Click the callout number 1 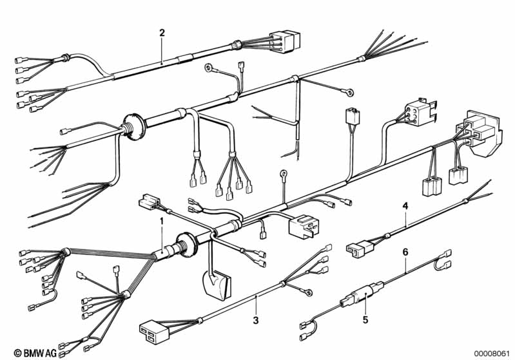[161, 221]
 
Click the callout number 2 [162, 33]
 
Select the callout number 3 [256, 319]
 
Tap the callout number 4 [405, 206]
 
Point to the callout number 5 [365, 319]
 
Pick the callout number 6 [405, 252]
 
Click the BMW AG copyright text [35, 353]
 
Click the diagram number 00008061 [492, 353]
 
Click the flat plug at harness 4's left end [359, 247]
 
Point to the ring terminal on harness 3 [308, 292]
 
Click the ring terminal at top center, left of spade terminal [209, 68]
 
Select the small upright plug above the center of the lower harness [353, 116]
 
